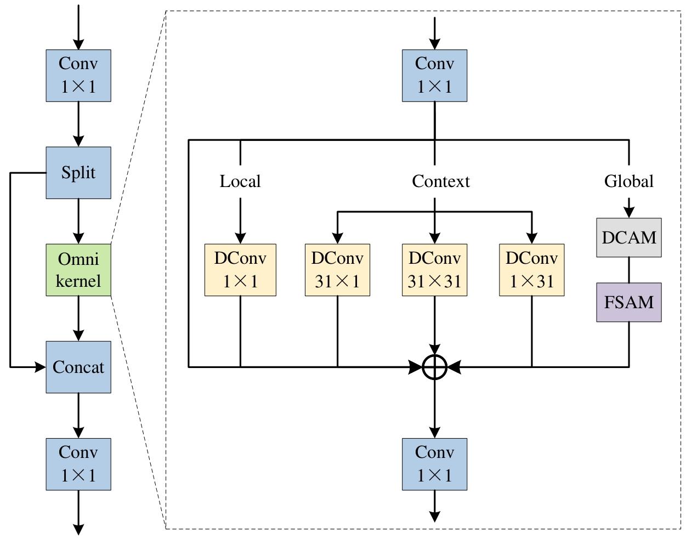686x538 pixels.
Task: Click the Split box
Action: click(x=78, y=173)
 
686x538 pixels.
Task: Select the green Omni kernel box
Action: click(x=78, y=270)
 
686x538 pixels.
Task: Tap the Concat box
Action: click(x=78, y=367)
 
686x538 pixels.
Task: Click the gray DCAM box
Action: click(x=629, y=237)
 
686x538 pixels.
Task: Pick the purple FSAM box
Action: click(x=629, y=302)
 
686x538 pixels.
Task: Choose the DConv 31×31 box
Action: click(x=434, y=270)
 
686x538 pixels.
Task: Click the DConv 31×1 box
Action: click(x=337, y=270)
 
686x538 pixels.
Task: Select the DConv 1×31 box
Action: click(x=531, y=270)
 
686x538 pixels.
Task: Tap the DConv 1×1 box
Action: click(x=240, y=270)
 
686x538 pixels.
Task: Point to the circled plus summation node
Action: click(x=434, y=367)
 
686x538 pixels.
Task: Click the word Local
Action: click(x=240, y=181)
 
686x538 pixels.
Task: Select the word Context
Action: click(x=441, y=181)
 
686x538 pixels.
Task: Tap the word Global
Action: click(x=629, y=181)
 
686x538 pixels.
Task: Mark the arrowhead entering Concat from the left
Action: click(x=40, y=367)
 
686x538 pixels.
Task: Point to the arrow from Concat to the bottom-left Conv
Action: click(x=78, y=415)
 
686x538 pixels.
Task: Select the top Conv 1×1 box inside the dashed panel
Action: click(x=434, y=76)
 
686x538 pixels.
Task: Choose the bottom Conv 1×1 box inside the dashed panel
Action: click(x=434, y=464)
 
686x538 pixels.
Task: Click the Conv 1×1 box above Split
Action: click(x=78, y=76)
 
